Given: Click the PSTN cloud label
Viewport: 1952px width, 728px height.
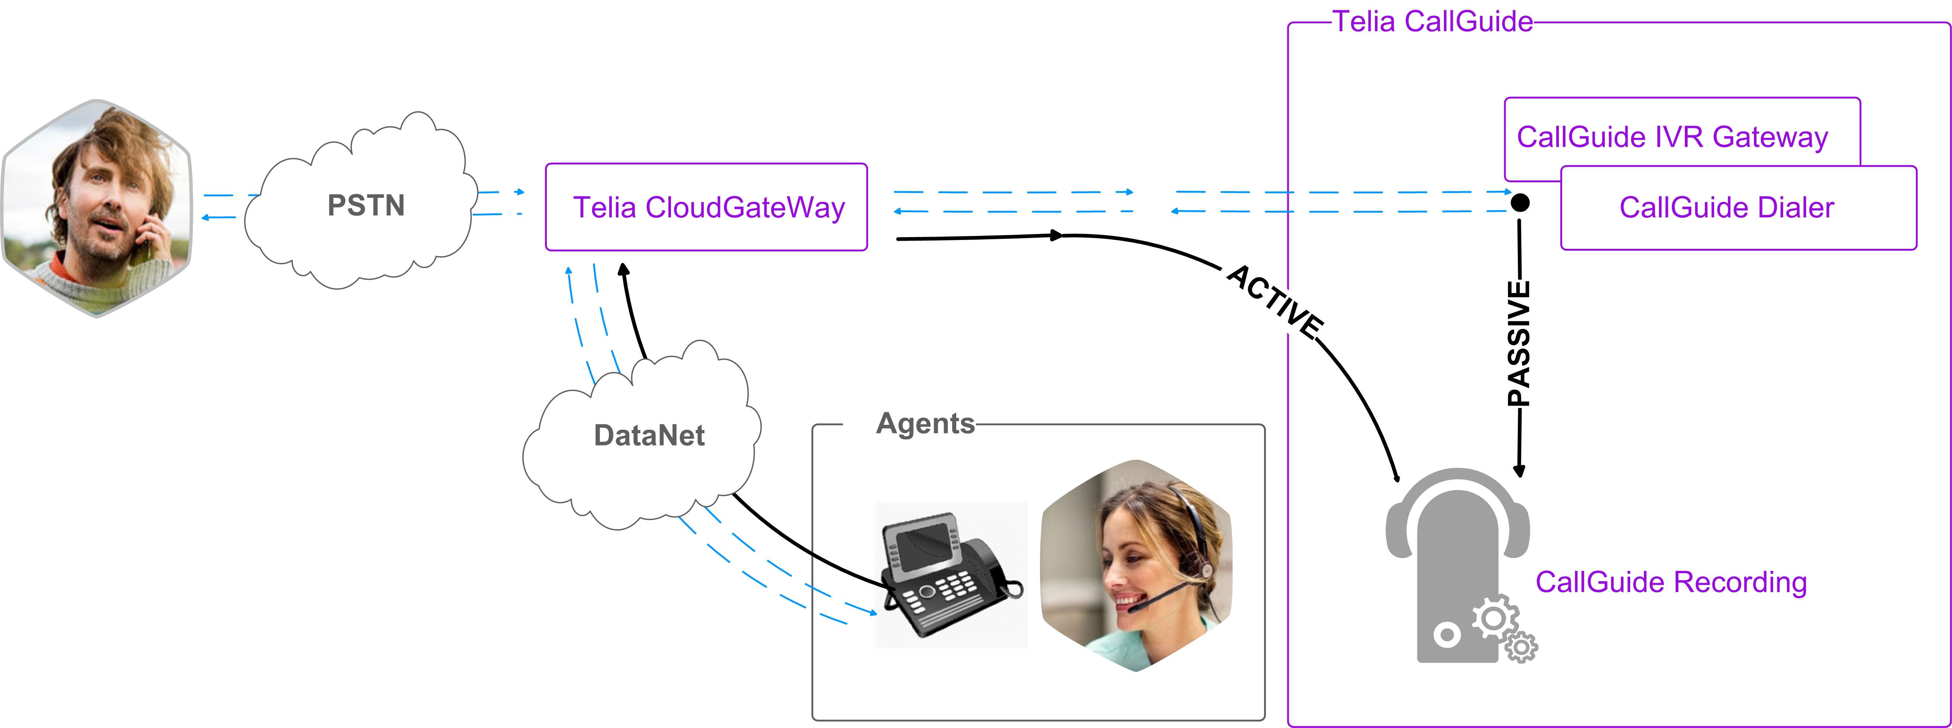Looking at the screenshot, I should [x=366, y=206].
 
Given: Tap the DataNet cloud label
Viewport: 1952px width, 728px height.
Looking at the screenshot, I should [x=650, y=435].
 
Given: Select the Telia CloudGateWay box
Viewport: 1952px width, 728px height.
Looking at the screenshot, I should [x=706, y=207].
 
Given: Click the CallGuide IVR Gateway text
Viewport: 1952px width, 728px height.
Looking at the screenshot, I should [x=1672, y=137].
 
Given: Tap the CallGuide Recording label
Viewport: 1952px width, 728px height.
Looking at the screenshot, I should [x=1671, y=582].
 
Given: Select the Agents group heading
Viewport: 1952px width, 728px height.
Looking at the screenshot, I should [x=925, y=423].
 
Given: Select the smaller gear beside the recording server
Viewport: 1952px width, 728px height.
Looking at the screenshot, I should [x=1521, y=647].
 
